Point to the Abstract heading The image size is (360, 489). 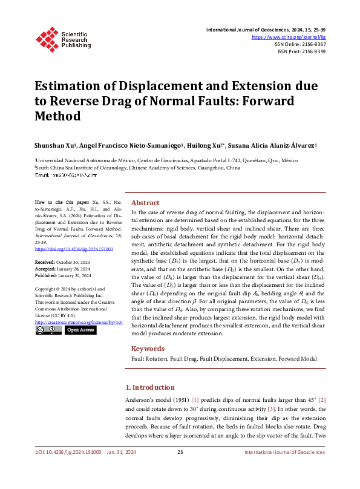[x=145, y=203]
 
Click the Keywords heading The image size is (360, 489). [x=148, y=349]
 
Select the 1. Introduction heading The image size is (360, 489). [x=149, y=387]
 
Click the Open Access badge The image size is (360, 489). [x=79, y=330]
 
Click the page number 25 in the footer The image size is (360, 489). [x=180, y=469]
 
